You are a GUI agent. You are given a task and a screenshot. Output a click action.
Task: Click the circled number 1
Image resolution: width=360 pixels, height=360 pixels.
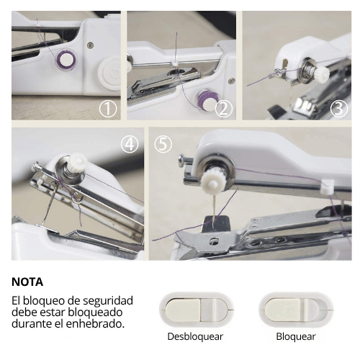click(108, 109)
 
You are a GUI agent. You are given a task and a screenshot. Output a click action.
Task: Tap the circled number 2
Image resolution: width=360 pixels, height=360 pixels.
click(224, 109)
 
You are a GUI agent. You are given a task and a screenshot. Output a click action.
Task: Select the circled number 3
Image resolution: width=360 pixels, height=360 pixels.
click(338, 109)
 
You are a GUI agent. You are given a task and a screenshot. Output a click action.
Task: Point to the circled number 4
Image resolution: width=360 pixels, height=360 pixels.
click(130, 143)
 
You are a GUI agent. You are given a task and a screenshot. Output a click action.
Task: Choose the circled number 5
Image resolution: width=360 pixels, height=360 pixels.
click(163, 143)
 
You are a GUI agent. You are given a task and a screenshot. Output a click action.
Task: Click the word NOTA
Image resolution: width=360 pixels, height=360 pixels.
click(27, 282)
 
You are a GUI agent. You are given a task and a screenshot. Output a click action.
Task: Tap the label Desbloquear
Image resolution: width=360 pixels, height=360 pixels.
click(195, 336)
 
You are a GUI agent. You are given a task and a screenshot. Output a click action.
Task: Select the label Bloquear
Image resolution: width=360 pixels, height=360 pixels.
click(295, 336)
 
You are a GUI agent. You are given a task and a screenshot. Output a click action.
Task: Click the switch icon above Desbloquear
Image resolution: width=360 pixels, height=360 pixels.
click(195, 310)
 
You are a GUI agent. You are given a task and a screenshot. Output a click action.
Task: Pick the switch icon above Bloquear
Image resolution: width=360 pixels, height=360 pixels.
click(295, 310)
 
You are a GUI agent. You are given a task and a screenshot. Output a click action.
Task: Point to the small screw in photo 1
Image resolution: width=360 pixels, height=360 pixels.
click(90, 45)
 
